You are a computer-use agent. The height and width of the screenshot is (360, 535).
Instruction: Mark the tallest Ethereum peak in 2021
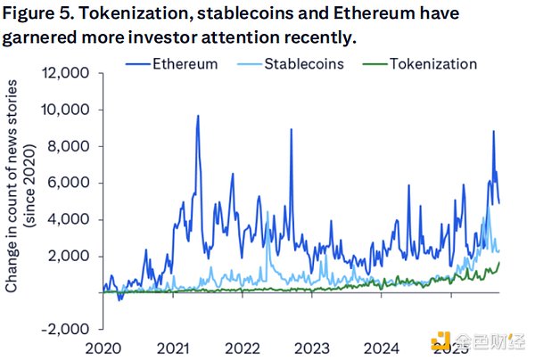pyautogui.click(x=197, y=116)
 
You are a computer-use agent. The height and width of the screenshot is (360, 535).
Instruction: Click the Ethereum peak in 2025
pyautogui.click(x=493, y=132)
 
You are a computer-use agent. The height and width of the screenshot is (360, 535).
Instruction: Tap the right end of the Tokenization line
pyautogui.click(x=499, y=261)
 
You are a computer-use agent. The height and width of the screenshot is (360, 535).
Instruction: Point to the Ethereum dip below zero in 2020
pyautogui.click(x=119, y=299)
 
